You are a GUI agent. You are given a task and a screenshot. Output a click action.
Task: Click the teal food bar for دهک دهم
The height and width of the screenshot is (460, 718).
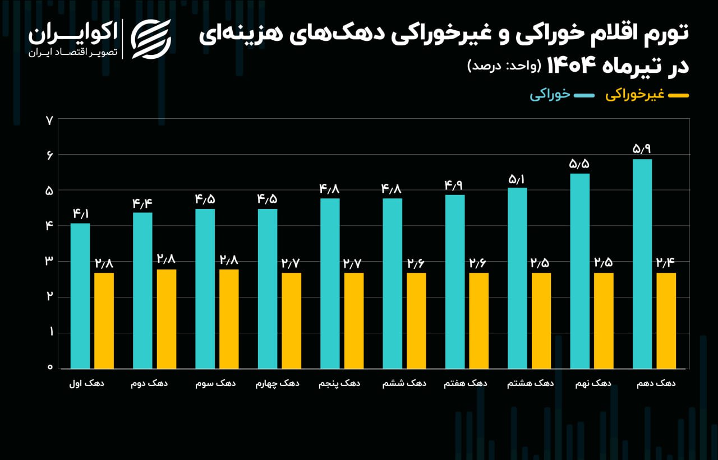coord(642,263)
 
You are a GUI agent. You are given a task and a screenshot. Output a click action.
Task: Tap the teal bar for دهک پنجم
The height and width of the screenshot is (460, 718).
coord(330,283)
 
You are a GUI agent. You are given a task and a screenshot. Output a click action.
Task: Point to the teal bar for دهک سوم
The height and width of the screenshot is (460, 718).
coord(205,289)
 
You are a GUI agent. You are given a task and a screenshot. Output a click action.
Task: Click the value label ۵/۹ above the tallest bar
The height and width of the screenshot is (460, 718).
coord(642,149)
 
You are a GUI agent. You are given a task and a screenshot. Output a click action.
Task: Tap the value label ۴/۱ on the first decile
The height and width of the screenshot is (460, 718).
coord(80,213)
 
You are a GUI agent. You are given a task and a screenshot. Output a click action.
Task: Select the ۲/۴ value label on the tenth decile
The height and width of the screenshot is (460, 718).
coord(666,263)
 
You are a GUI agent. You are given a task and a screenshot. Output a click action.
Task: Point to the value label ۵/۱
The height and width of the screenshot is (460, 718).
coord(517,179)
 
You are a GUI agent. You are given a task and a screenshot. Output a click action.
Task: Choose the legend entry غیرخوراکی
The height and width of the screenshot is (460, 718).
coord(634,95)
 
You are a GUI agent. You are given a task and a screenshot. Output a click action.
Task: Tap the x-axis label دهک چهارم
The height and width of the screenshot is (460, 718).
coord(278,384)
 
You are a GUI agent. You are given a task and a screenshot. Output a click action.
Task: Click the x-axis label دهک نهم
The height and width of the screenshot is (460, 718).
coord(594,384)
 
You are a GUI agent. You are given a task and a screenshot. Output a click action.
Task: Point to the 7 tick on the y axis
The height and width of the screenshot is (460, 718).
coord(49,119)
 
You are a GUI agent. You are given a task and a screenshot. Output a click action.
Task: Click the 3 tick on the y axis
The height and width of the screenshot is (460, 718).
coord(49,261)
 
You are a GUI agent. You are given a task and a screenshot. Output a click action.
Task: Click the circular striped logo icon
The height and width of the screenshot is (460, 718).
coord(151,39)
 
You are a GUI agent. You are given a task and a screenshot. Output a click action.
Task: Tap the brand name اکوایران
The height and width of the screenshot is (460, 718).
coord(73,34)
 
